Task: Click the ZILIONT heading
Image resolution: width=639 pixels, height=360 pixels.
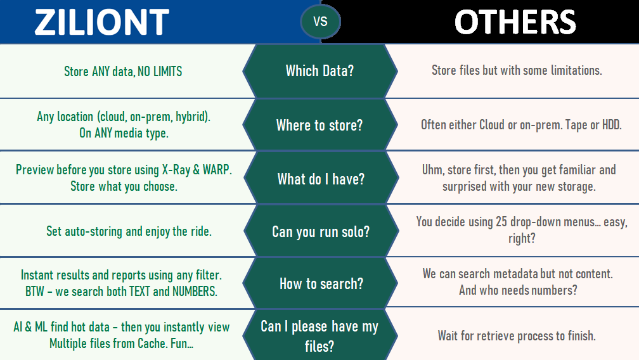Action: (102, 22)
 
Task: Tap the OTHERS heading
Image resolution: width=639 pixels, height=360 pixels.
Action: (515, 22)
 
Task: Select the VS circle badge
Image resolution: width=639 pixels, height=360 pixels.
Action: (320, 22)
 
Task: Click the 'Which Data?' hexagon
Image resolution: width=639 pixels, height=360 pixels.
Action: (320, 71)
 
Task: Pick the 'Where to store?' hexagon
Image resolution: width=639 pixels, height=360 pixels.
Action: (320, 125)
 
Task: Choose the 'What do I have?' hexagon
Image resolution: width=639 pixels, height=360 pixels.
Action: (321, 178)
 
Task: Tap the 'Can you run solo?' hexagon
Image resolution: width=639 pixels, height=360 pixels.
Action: (321, 231)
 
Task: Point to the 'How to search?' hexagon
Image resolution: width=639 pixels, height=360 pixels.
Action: (321, 283)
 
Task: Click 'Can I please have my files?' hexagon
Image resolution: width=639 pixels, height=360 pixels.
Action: (320, 335)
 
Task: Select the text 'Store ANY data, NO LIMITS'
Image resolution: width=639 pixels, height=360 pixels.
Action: (123, 72)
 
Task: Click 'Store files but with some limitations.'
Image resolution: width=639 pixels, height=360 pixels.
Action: (517, 70)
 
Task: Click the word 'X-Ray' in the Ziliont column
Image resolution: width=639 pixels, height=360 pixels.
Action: (176, 169)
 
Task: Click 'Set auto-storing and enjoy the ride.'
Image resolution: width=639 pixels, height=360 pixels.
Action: (129, 231)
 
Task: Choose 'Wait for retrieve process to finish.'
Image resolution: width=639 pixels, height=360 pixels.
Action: (517, 336)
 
